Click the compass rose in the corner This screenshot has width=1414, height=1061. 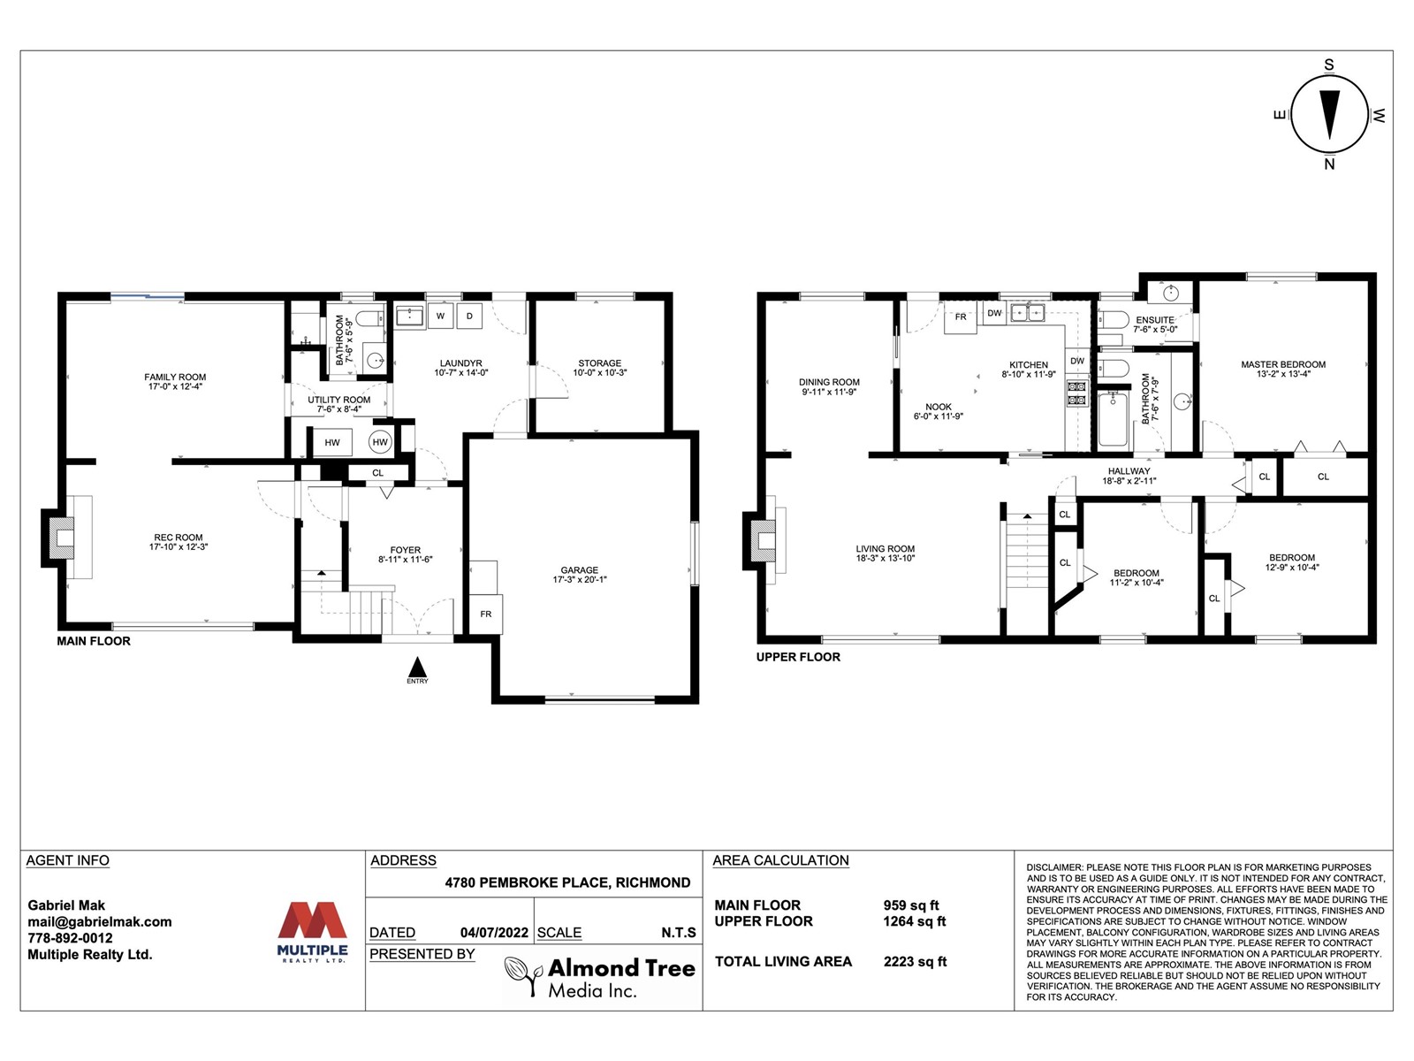click(x=1329, y=115)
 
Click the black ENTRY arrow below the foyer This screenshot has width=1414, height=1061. click(x=417, y=666)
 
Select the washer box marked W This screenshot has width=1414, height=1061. click(x=441, y=316)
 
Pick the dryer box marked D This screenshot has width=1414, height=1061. click(x=469, y=316)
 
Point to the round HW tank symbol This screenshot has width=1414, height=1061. click(x=380, y=442)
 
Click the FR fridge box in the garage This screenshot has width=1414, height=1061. click(x=486, y=614)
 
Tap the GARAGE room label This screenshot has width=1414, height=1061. click(x=579, y=575)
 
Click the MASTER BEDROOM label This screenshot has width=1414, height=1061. click(x=1283, y=369)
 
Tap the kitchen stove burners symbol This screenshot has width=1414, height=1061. click(x=1077, y=393)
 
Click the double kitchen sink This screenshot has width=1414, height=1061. click(x=1028, y=313)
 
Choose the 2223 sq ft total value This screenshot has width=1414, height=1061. click(x=915, y=962)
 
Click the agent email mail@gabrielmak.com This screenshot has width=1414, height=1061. click(x=100, y=922)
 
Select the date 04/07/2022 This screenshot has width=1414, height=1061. click(x=494, y=933)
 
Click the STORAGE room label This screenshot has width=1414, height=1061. click(x=600, y=368)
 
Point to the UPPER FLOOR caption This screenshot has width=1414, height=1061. click(x=798, y=657)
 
